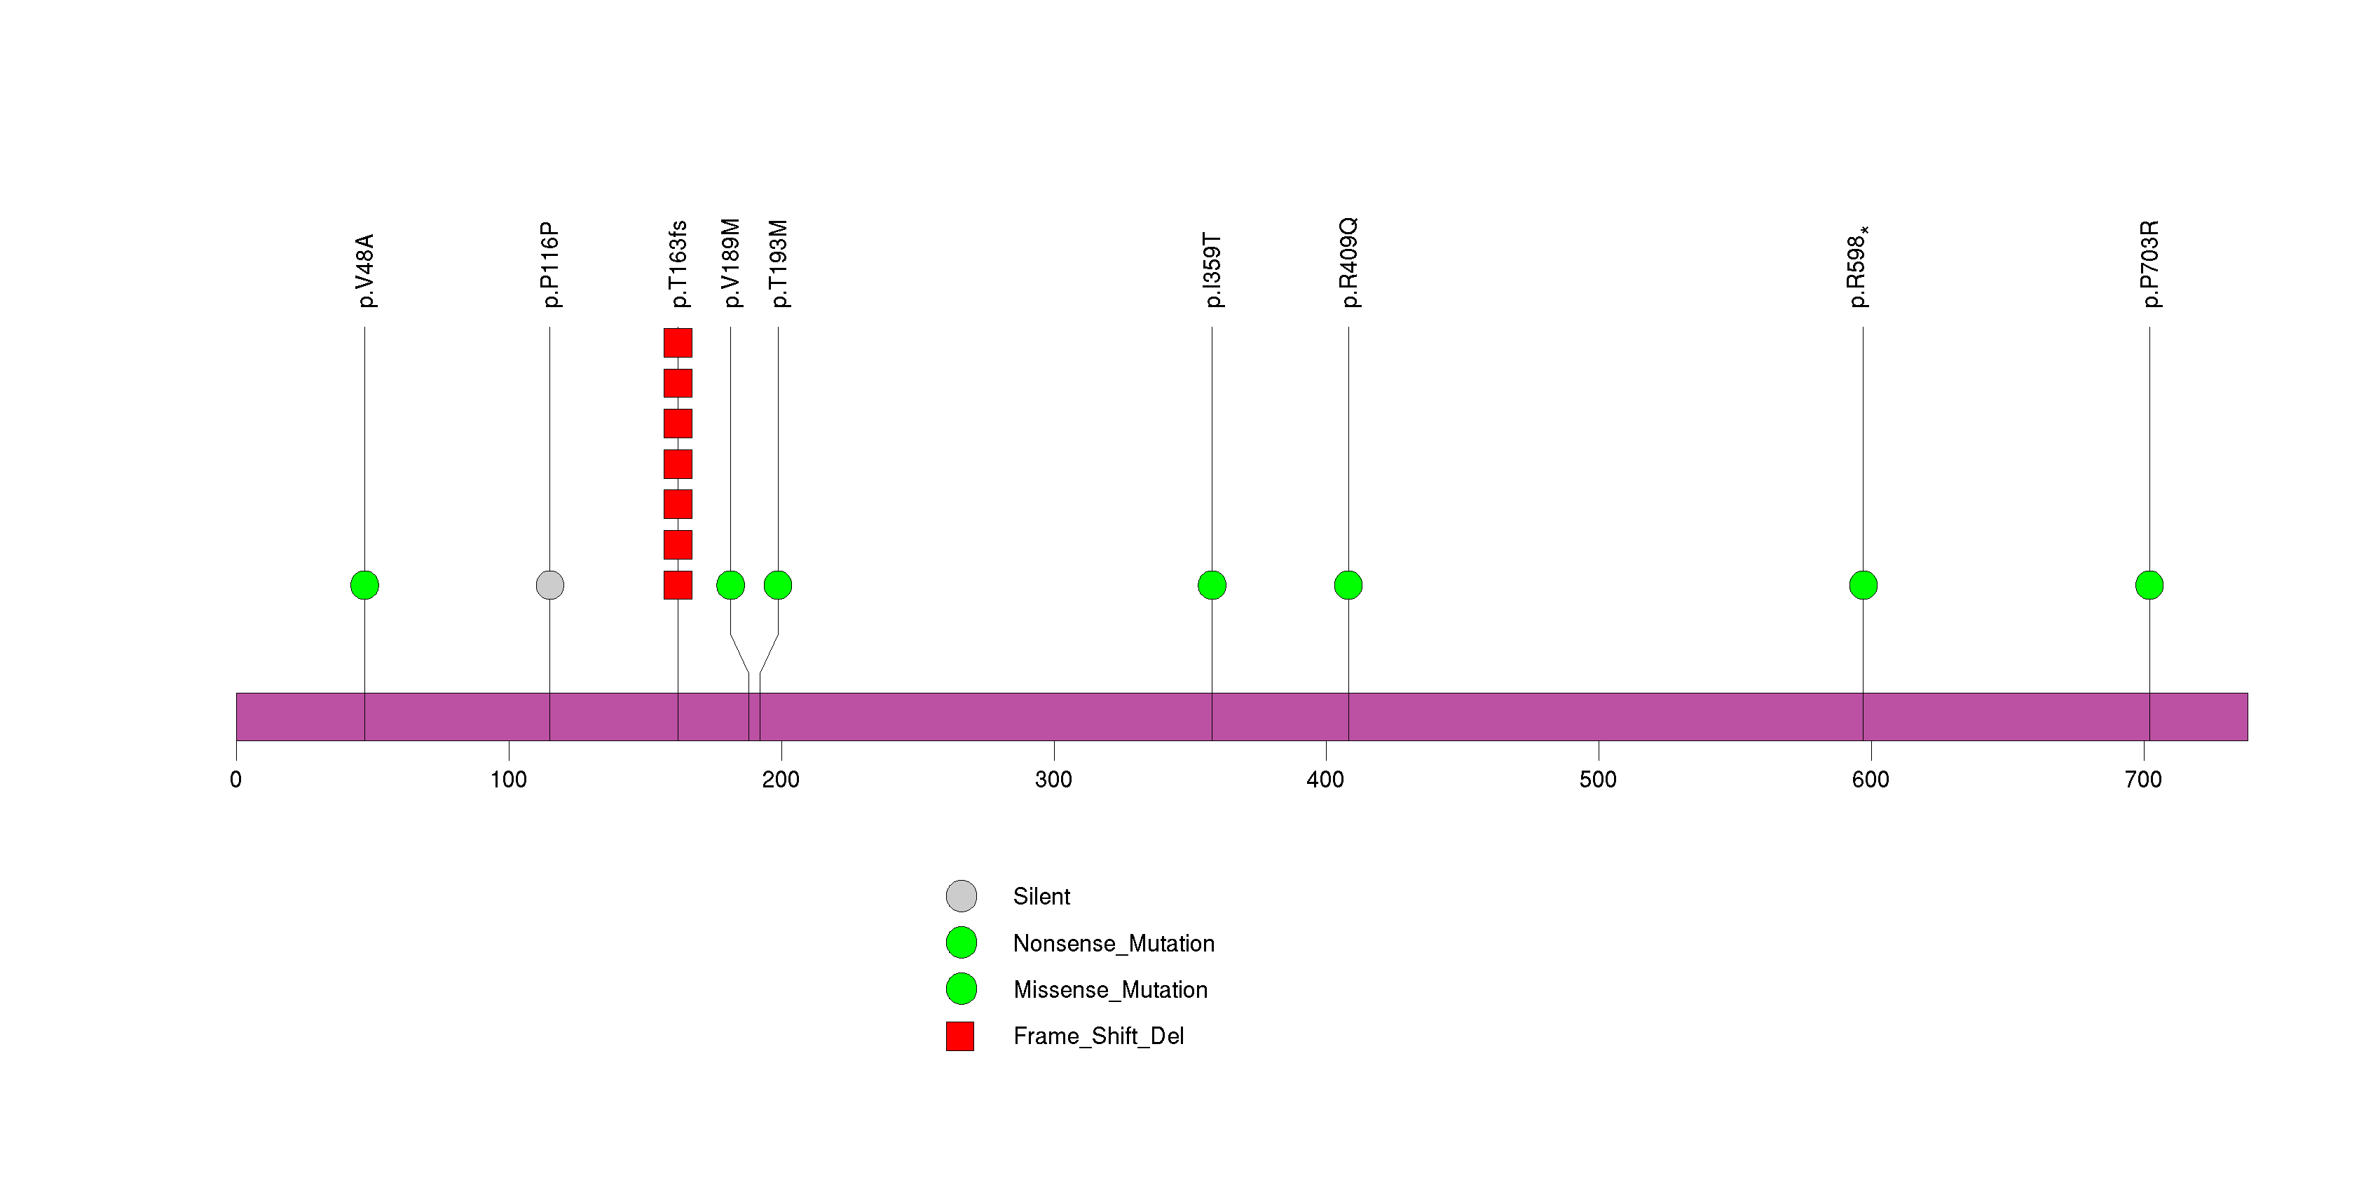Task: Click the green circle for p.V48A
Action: coord(364,585)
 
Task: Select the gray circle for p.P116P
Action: coord(549,585)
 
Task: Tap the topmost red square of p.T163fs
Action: coord(678,343)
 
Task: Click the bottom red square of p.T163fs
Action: coord(678,585)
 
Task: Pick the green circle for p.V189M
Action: coord(730,585)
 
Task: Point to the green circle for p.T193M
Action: coord(778,585)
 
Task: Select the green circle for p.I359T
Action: coord(1212,585)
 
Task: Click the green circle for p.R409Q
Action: coord(1348,585)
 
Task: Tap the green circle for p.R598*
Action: coord(1863,585)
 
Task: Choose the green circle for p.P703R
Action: coord(2149,585)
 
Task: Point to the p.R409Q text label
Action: coord(1348,263)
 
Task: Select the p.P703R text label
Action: coord(2150,264)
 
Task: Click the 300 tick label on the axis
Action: coord(1053,780)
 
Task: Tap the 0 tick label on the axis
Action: coord(236,780)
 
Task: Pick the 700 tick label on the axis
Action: coord(2143,780)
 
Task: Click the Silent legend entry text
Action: coord(1041,897)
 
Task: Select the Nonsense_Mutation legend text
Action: coord(1113,943)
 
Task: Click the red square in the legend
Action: coord(960,1036)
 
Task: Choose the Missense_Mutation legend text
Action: coord(1110,989)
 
